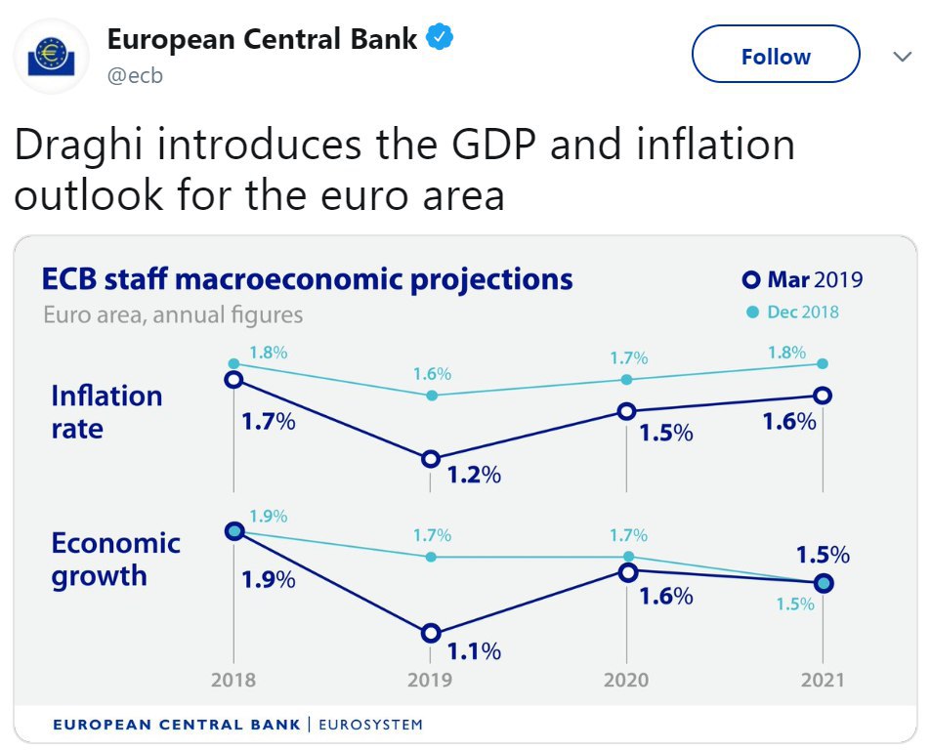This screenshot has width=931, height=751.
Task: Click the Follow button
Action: tap(776, 57)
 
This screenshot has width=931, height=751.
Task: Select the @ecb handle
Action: tap(135, 76)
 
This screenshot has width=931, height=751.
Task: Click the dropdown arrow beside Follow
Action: tap(903, 57)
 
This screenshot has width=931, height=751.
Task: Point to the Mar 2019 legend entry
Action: tap(803, 280)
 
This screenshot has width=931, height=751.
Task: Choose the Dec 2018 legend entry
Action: tap(793, 312)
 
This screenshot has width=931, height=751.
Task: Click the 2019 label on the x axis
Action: tap(431, 680)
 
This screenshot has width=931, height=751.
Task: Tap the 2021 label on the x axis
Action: tap(822, 680)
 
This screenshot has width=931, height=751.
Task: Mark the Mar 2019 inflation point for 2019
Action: tap(431, 459)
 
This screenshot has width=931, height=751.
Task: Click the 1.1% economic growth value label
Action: tap(474, 650)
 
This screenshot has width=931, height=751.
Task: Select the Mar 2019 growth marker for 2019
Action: tap(431, 634)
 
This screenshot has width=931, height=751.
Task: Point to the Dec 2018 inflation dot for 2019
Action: tap(431, 396)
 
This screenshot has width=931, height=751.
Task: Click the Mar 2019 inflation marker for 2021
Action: tap(823, 396)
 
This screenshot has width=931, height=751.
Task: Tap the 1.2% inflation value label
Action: tap(474, 476)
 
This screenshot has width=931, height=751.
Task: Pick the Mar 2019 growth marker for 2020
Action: tap(627, 572)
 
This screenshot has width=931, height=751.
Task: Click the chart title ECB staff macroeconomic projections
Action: tap(307, 279)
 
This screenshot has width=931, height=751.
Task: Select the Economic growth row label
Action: tap(115, 559)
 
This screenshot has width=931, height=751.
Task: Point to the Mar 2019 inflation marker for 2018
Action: tap(233, 379)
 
